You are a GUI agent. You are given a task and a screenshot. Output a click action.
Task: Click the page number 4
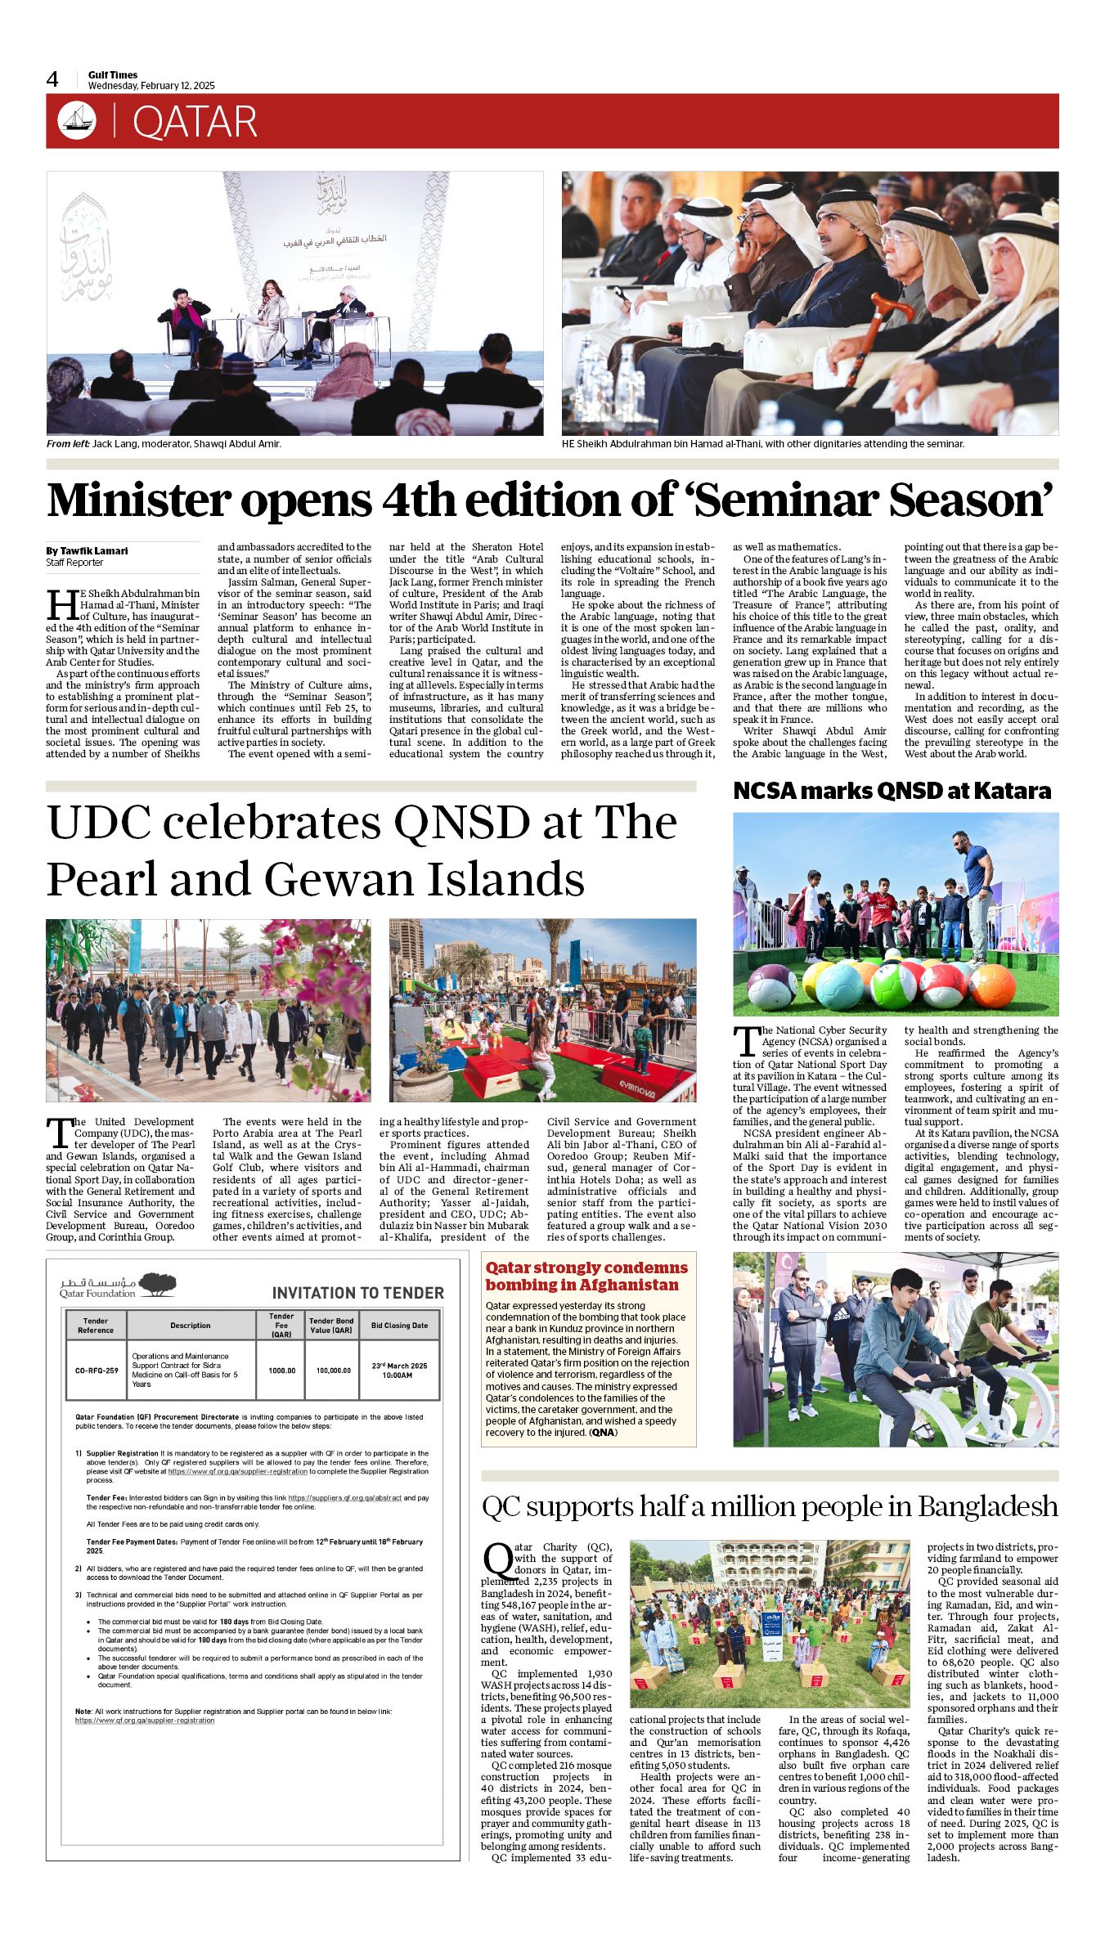pyautogui.click(x=52, y=79)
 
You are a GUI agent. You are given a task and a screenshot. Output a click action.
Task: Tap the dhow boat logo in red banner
pyautogui.click(x=77, y=121)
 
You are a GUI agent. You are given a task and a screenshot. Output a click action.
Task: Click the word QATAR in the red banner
pyautogui.click(x=195, y=123)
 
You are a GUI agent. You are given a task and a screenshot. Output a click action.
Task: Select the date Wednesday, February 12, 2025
pyautogui.click(x=151, y=86)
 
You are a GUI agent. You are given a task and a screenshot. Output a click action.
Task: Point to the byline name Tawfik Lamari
pyautogui.click(x=92, y=551)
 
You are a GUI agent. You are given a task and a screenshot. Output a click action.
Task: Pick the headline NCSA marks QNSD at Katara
pyautogui.click(x=892, y=791)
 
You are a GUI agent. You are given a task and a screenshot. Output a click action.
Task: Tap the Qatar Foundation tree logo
pyautogui.click(x=157, y=1285)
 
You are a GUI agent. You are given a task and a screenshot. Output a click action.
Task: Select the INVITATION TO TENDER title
pyautogui.click(x=357, y=1293)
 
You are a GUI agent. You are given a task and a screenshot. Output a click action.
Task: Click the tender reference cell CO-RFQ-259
pyautogui.click(x=97, y=1371)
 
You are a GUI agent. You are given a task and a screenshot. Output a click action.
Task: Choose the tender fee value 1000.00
pyautogui.click(x=281, y=1371)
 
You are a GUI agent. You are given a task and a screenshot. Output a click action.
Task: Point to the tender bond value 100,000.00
pyautogui.click(x=334, y=1371)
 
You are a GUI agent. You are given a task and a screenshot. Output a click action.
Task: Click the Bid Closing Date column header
pyautogui.click(x=399, y=1326)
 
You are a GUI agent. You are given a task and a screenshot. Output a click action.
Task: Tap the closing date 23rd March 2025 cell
pyautogui.click(x=399, y=1370)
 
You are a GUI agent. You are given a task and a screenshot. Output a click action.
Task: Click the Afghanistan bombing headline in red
pyautogui.click(x=586, y=1276)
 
